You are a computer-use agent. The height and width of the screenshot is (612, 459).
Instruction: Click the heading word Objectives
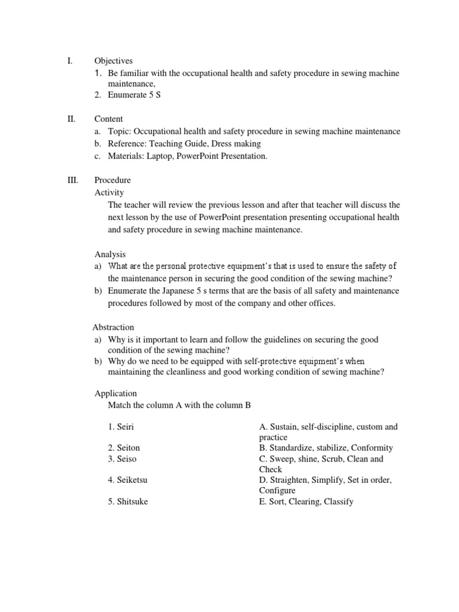pyautogui.click(x=113, y=60)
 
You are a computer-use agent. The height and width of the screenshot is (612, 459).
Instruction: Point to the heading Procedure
pyautogui.click(x=112, y=180)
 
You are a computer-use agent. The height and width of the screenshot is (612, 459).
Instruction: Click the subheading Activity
pyautogui.click(x=109, y=192)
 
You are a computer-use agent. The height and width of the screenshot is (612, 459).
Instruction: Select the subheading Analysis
pyautogui.click(x=110, y=254)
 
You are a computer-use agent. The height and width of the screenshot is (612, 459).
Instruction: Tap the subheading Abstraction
pyautogui.click(x=113, y=327)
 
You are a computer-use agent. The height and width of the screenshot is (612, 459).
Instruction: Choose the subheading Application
pyautogui.click(x=115, y=393)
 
